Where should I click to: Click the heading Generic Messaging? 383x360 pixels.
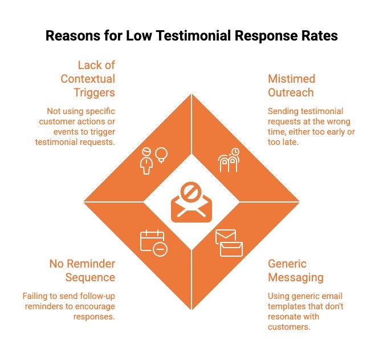pos(295,270)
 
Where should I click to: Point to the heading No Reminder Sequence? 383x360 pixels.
pos(82,270)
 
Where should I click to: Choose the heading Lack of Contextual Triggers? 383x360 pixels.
pos(88,79)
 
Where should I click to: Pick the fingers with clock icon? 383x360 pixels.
pos(229,160)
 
